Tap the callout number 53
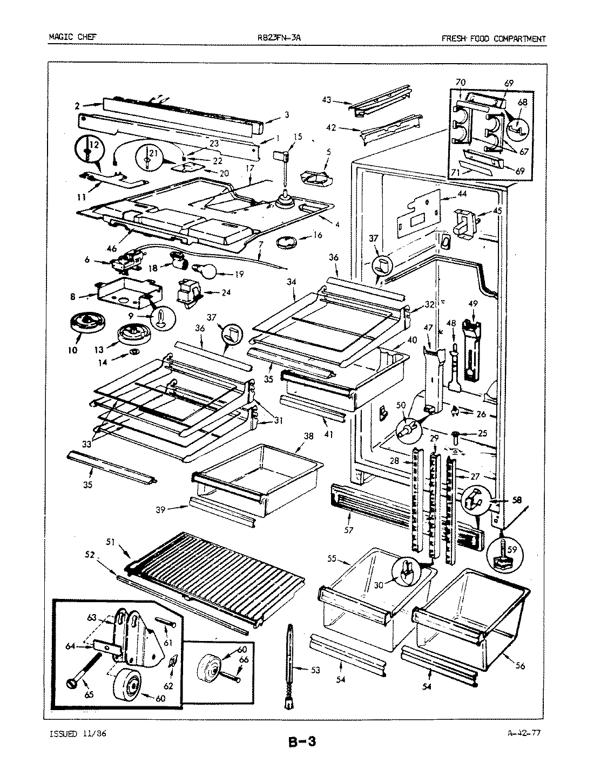coord(315,670)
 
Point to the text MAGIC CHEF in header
coord(70,38)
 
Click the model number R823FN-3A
coord(283,38)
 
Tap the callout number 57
coord(348,530)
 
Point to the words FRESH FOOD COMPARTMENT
coord(493,38)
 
